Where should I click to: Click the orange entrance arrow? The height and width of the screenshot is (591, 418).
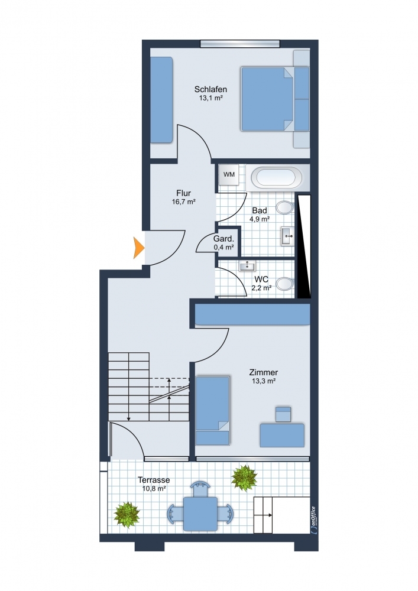coord(139,248)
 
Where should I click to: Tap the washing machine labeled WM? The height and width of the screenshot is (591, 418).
coord(229,174)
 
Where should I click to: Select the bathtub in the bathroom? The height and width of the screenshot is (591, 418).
coord(276,177)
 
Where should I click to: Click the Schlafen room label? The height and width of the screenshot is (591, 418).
coord(210,89)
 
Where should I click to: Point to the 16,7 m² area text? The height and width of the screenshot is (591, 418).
coord(183,202)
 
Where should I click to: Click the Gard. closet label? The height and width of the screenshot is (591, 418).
coord(224,239)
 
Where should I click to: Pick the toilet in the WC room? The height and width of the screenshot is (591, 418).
coord(286,284)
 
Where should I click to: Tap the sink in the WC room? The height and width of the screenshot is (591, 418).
coord(247,266)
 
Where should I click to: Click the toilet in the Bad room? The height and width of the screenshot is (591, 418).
coord(286,207)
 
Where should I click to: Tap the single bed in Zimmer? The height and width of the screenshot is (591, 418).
coord(213,411)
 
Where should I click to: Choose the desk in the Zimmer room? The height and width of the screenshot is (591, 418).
coord(282,436)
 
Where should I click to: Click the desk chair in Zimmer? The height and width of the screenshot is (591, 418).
coord(283,414)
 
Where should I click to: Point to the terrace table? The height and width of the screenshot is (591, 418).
coord(200,514)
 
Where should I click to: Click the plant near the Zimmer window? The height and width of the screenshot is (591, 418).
coord(244,478)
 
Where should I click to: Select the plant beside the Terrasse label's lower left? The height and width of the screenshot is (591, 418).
coord(127,515)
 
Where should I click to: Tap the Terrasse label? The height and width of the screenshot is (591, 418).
coord(154,480)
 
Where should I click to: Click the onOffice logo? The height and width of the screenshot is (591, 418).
coord(313,519)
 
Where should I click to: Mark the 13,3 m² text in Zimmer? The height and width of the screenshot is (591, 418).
coord(264,381)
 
